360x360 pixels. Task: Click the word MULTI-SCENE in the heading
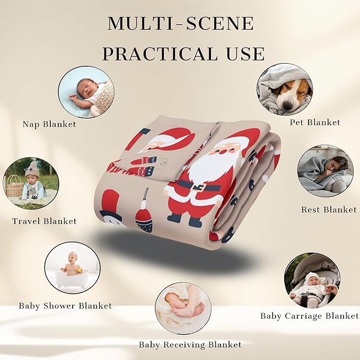click(181, 23)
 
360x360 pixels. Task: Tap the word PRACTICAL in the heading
click(160, 54)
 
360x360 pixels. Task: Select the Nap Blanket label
click(49, 125)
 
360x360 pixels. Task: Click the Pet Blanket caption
click(315, 122)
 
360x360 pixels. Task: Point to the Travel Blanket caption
click(45, 221)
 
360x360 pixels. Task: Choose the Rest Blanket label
click(329, 209)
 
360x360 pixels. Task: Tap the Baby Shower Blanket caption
click(65, 306)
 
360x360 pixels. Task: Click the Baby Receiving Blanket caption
click(190, 345)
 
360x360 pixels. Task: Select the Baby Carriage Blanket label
click(309, 316)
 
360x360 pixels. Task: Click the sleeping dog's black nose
click(287, 106)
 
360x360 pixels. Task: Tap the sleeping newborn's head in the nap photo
click(85, 88)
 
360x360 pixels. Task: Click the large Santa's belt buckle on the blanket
click(198, 187)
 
